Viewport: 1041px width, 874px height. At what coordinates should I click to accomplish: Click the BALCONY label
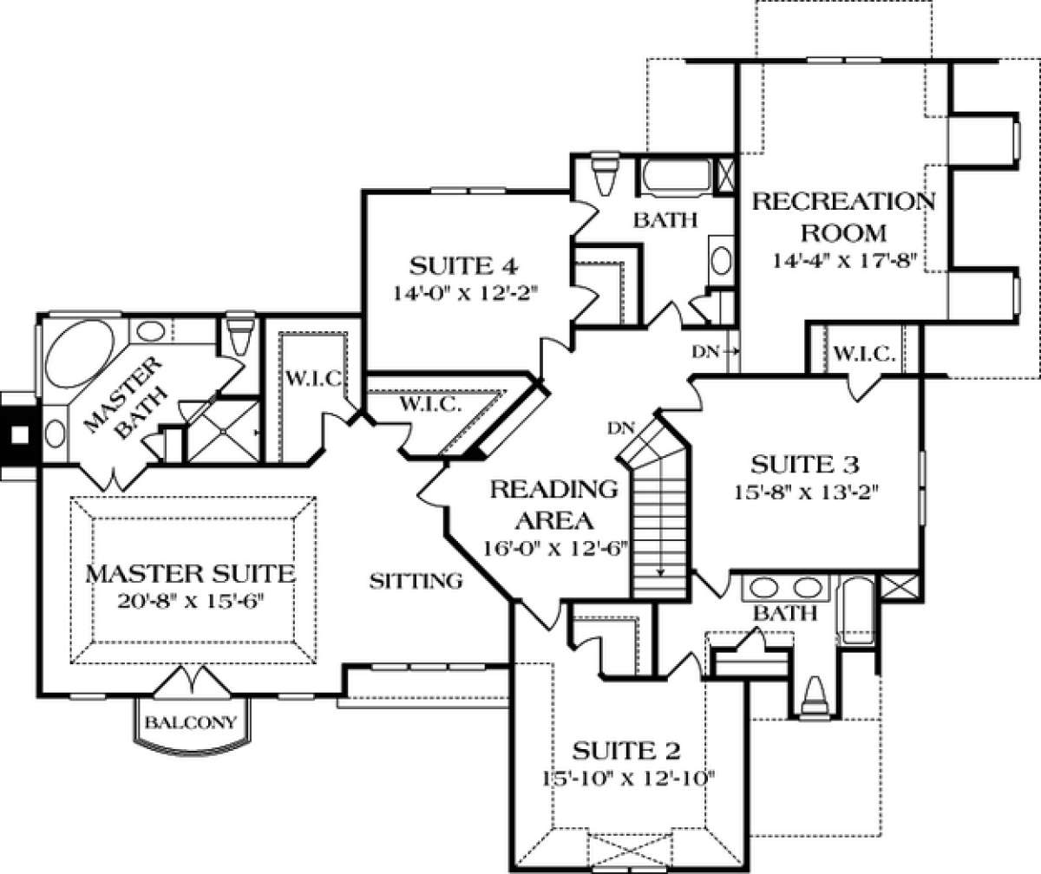tap(191, 722)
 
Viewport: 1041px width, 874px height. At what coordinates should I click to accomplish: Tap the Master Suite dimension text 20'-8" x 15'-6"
tap(190, 602)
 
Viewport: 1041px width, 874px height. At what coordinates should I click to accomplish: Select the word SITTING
tap(416, 581)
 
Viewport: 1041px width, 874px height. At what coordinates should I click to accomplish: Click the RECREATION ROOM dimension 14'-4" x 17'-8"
tap(845, 261)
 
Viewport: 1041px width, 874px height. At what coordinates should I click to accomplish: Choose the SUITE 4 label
tap(463, 265)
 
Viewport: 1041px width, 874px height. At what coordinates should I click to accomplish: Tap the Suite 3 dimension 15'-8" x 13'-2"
tap(805, 492)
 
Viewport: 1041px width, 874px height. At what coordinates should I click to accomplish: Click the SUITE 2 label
tap(625, 750)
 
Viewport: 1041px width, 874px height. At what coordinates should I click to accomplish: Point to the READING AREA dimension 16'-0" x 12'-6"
tap(554, 549)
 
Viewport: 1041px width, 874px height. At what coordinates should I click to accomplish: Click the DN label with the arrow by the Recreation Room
tap(715, 352)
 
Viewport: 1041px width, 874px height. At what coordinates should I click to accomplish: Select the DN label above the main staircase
tap(621, 428)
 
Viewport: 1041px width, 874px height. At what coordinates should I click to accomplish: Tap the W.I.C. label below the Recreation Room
tap(865, 355)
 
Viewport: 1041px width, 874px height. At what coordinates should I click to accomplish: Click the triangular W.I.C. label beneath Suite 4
tap(430, 404)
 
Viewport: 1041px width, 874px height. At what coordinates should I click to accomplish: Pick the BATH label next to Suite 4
tap(665, 219)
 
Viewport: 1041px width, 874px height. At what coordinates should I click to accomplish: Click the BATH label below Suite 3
tap(785, 613)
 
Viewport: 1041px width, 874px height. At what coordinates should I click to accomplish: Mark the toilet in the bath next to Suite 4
tap(605, 175)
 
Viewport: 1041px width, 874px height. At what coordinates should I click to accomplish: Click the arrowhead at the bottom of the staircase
tap(660, 572)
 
